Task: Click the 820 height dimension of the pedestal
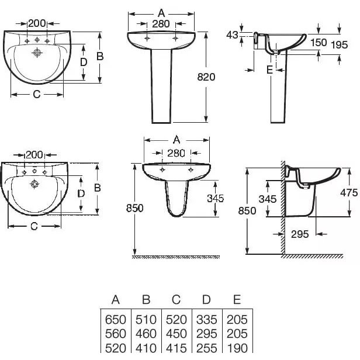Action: point(206,77)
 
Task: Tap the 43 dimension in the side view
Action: point(232,35)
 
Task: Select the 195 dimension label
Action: point(340,45)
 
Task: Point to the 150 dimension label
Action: point(319,43)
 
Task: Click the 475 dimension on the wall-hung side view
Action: point(349,193)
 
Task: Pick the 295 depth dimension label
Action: point(300,234)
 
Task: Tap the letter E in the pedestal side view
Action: point(270,70)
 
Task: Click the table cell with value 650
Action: point(116,320)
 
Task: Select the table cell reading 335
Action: point(207,320)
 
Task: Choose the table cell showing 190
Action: point(237,348)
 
